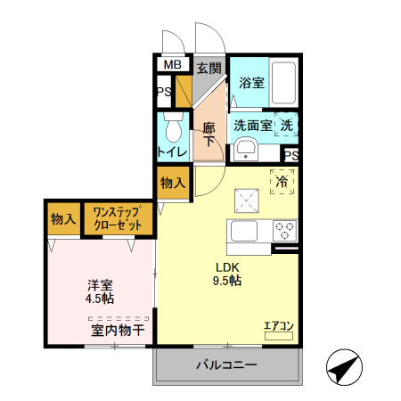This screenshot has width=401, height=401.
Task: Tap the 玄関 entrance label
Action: pos(209,67)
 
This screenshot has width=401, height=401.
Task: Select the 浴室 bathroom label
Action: pos(251,84)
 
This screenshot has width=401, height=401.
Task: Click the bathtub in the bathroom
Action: pos(284,83)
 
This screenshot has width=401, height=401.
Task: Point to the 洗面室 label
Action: pos(253,126)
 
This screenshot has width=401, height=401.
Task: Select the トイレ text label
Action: pos(173,152)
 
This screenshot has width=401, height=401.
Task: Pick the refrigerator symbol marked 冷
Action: pos(283,181)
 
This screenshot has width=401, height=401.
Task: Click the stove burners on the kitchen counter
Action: pos(285,231)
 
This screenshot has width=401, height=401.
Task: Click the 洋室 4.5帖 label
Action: pos(100,291)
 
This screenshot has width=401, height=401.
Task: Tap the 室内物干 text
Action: pos(118,331)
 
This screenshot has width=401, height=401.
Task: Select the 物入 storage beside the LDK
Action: pos(173,184)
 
